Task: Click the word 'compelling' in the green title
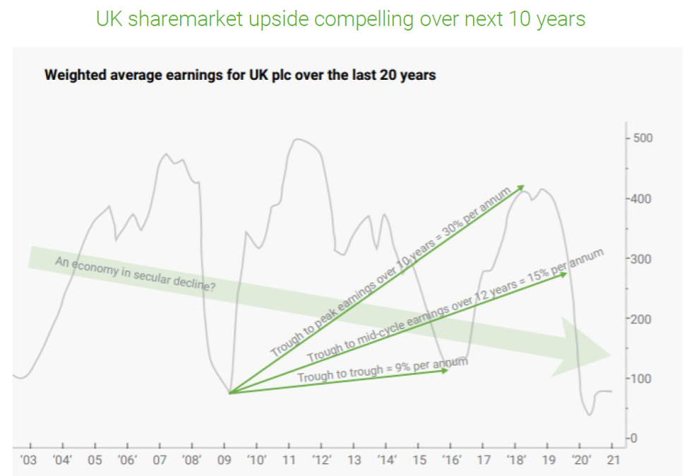354,19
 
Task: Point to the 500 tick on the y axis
642,138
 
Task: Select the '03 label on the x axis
29,460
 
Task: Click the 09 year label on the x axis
224,460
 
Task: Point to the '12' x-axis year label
322,460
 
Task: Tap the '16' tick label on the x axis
451,460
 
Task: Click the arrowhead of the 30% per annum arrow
522,187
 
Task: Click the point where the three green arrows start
230,393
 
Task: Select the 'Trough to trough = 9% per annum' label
383,371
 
